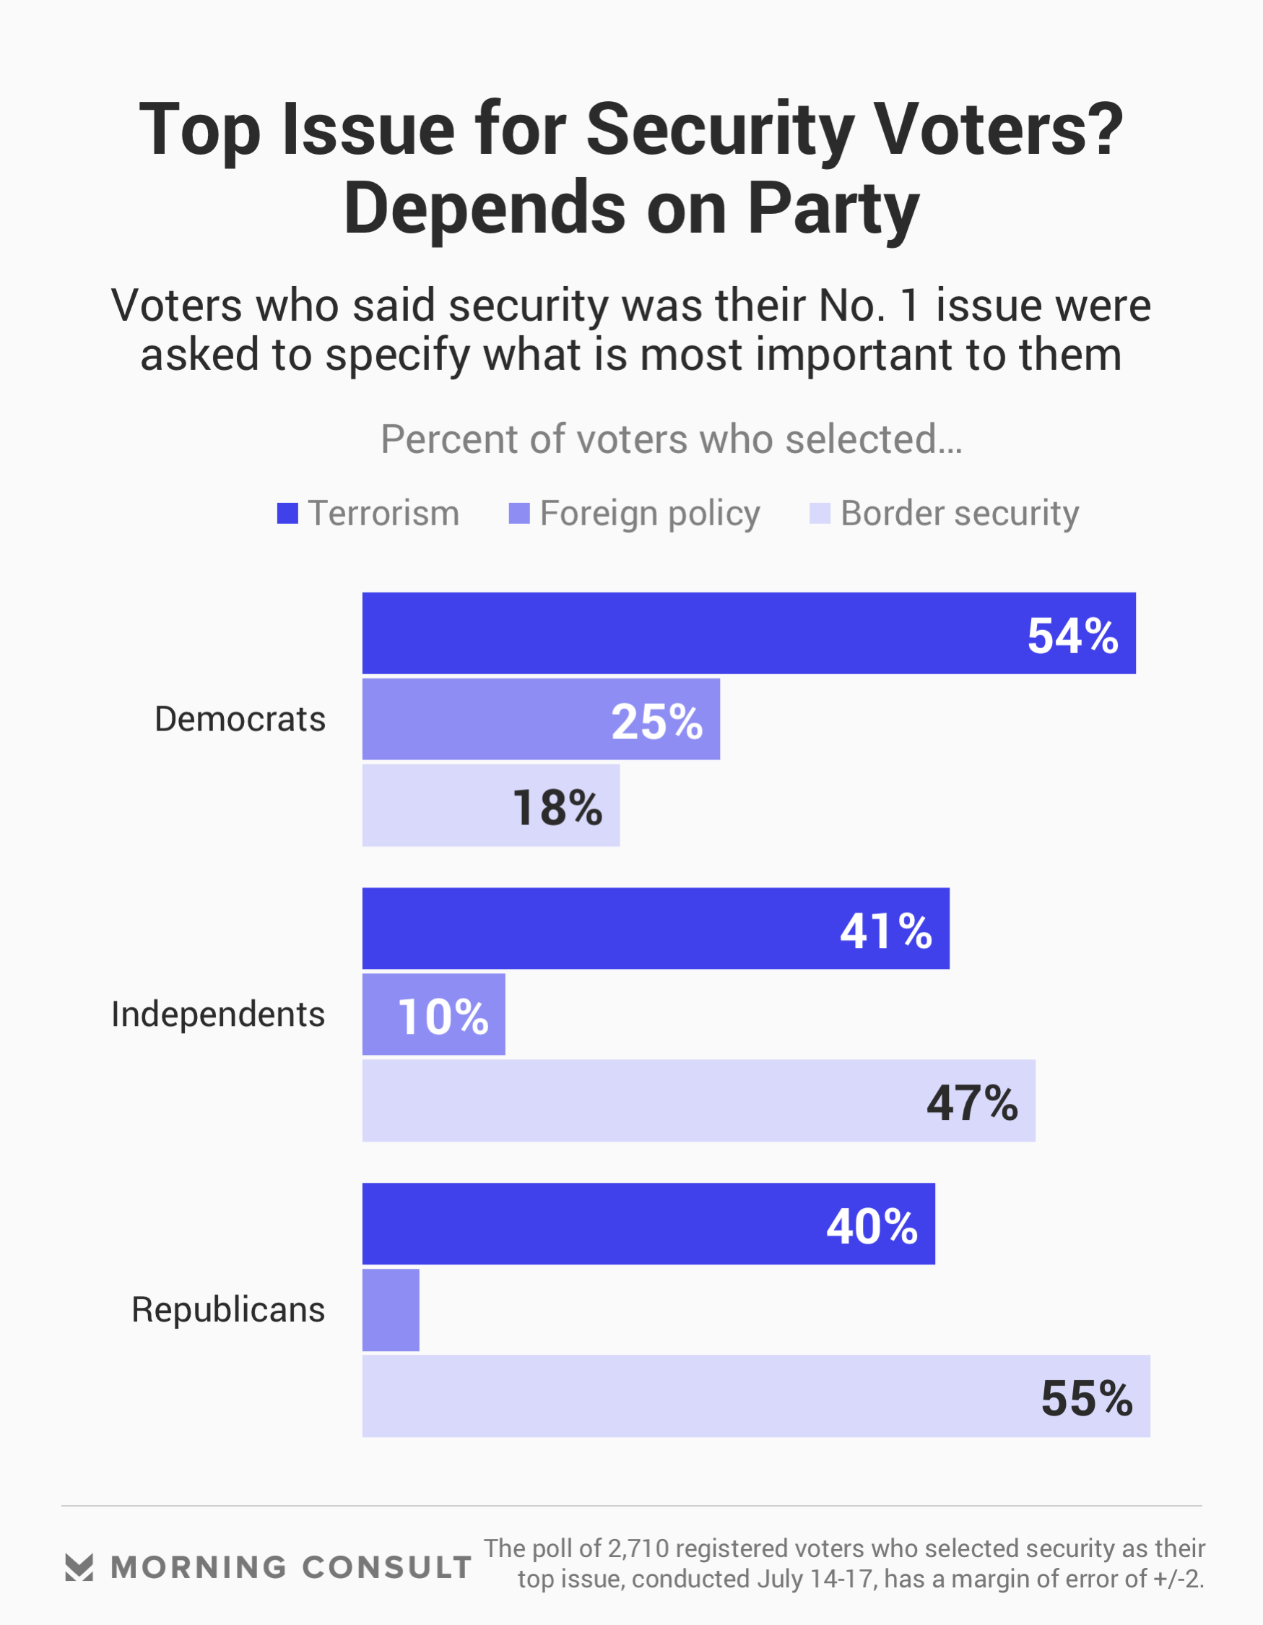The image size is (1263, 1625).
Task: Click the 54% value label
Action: coord(1072,636)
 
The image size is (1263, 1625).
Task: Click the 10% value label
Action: coord(443,1017)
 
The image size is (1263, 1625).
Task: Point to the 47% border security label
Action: coord(971,1103)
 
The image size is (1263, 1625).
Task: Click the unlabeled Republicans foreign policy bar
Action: coord(391,1310)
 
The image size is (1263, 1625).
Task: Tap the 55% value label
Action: coord(1086,1398)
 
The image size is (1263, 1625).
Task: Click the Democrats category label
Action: coord(240,720)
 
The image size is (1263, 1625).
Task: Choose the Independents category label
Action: coord(218,1014)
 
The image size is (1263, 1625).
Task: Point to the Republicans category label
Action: coord(228,1309)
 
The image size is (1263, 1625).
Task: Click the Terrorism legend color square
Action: coord(287,514)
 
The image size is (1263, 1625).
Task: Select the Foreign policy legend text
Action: coord(649,514)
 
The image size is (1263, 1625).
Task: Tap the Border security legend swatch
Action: coord(819,514)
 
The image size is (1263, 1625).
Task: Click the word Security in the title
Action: coord(719,129)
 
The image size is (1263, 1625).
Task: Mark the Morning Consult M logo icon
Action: coord(79,1567)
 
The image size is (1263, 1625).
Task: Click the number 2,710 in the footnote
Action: coord(638,1548)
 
